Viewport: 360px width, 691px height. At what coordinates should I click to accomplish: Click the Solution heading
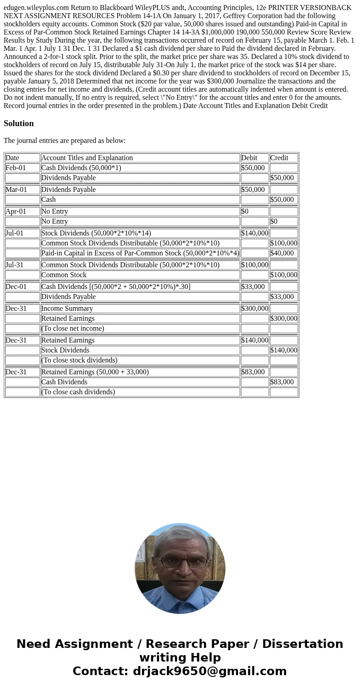[19, 123]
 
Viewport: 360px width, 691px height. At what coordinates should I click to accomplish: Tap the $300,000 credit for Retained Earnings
[283, 319]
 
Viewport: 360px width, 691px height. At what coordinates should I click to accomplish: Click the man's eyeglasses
[180, 562]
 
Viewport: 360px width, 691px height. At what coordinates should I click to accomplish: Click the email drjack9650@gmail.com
[209, 671]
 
